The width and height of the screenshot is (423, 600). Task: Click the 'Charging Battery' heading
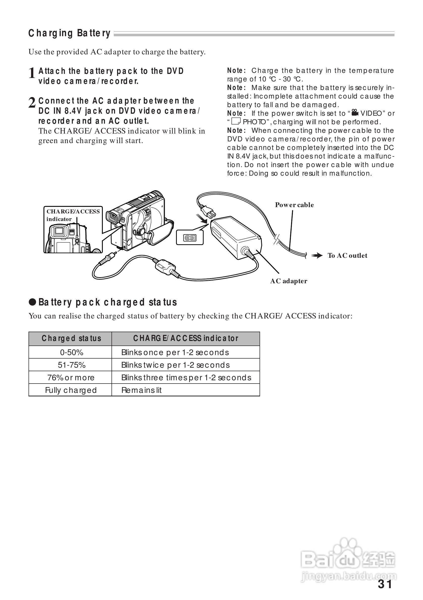tap(69, 34)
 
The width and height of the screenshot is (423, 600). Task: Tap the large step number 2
tap(32, 103)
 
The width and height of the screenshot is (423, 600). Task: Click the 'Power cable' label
tap(294, 205)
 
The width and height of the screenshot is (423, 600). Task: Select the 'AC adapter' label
tap(289, 281)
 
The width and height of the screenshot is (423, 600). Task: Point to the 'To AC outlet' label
tap(347, 256)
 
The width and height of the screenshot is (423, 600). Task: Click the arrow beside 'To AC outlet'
tap(317, 256)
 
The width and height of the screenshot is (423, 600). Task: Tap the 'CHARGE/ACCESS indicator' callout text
tap(73, 215)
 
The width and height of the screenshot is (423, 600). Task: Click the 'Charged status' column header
tap(71, 338)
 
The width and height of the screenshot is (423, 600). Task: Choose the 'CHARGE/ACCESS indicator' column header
tap(186, 338)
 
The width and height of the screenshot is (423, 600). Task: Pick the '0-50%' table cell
tap(71, 353)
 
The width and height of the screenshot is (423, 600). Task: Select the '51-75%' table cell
tap(71, 365)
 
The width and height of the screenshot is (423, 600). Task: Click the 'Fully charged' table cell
tap(71, 390)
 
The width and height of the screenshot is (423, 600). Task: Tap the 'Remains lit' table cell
tap(142, 390)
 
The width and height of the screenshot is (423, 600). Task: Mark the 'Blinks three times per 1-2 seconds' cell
tap(186, 377)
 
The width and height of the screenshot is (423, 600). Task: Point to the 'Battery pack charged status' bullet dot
tap(32, 302)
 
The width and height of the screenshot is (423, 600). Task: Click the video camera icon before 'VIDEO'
tap(355, 113)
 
